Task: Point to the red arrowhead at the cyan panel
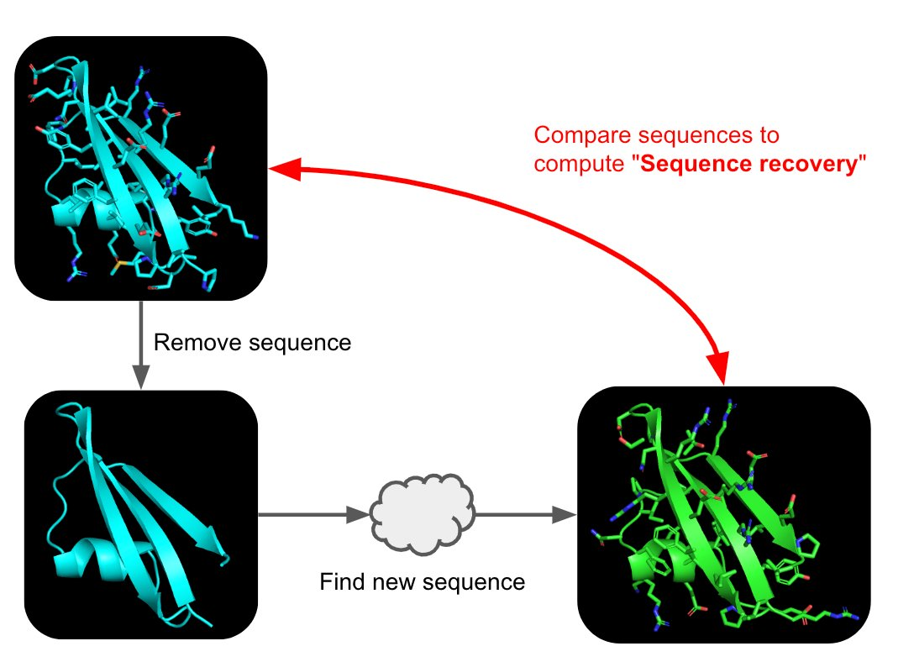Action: pyautogui.click(x=282, y=171)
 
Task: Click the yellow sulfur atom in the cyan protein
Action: pyautogui.click(x=119, y=266)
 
